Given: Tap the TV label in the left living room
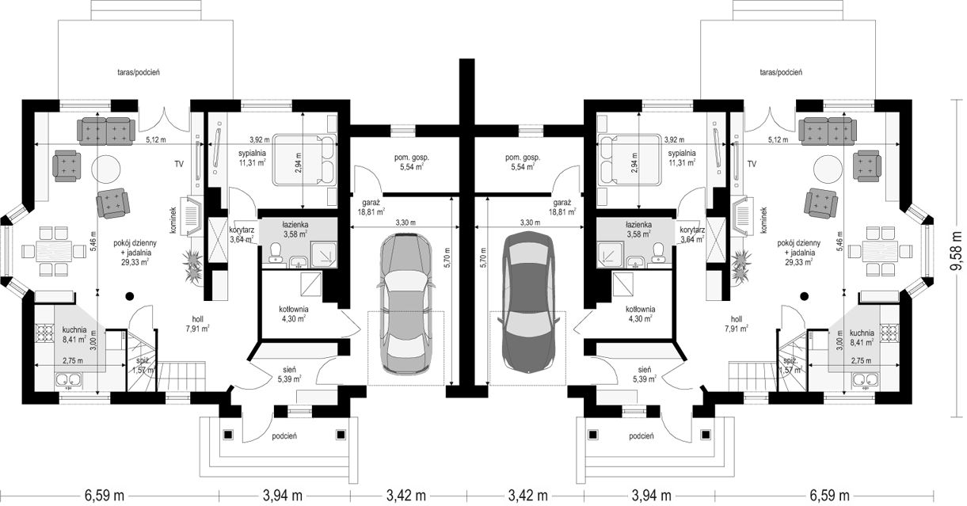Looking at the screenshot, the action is click(179, 164).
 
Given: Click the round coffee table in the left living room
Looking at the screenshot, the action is click(106, 170).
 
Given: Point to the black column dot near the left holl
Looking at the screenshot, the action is click(128, 296).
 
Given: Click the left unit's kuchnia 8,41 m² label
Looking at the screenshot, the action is click(74, 334).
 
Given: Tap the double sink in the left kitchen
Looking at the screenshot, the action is click(69, 380).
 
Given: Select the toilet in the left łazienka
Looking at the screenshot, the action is click(275, 252).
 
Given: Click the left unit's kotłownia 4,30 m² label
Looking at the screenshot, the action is click(294, 314).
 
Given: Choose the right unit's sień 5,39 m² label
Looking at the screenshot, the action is click(644, 375).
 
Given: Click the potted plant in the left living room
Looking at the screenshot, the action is click(192, 267).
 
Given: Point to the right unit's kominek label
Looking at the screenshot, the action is click(763, 220).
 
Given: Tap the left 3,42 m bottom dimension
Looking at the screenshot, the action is click(406, 494).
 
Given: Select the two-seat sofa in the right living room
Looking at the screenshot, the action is click(827, 131).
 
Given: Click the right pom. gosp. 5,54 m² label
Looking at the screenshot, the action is click(523, 162).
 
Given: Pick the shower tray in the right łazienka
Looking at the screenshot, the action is click(610, 252).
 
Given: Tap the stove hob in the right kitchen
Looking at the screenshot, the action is click(889, 333).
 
